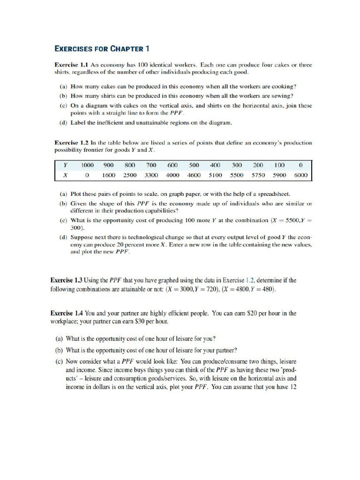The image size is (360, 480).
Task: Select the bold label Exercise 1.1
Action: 72,65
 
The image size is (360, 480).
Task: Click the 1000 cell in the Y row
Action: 87,165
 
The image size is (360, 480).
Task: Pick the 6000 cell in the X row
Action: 300,175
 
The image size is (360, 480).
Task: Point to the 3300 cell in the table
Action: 151,175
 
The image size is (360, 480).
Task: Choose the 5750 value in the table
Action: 258,175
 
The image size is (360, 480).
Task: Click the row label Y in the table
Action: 65,165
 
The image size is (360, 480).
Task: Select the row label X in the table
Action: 65,175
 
